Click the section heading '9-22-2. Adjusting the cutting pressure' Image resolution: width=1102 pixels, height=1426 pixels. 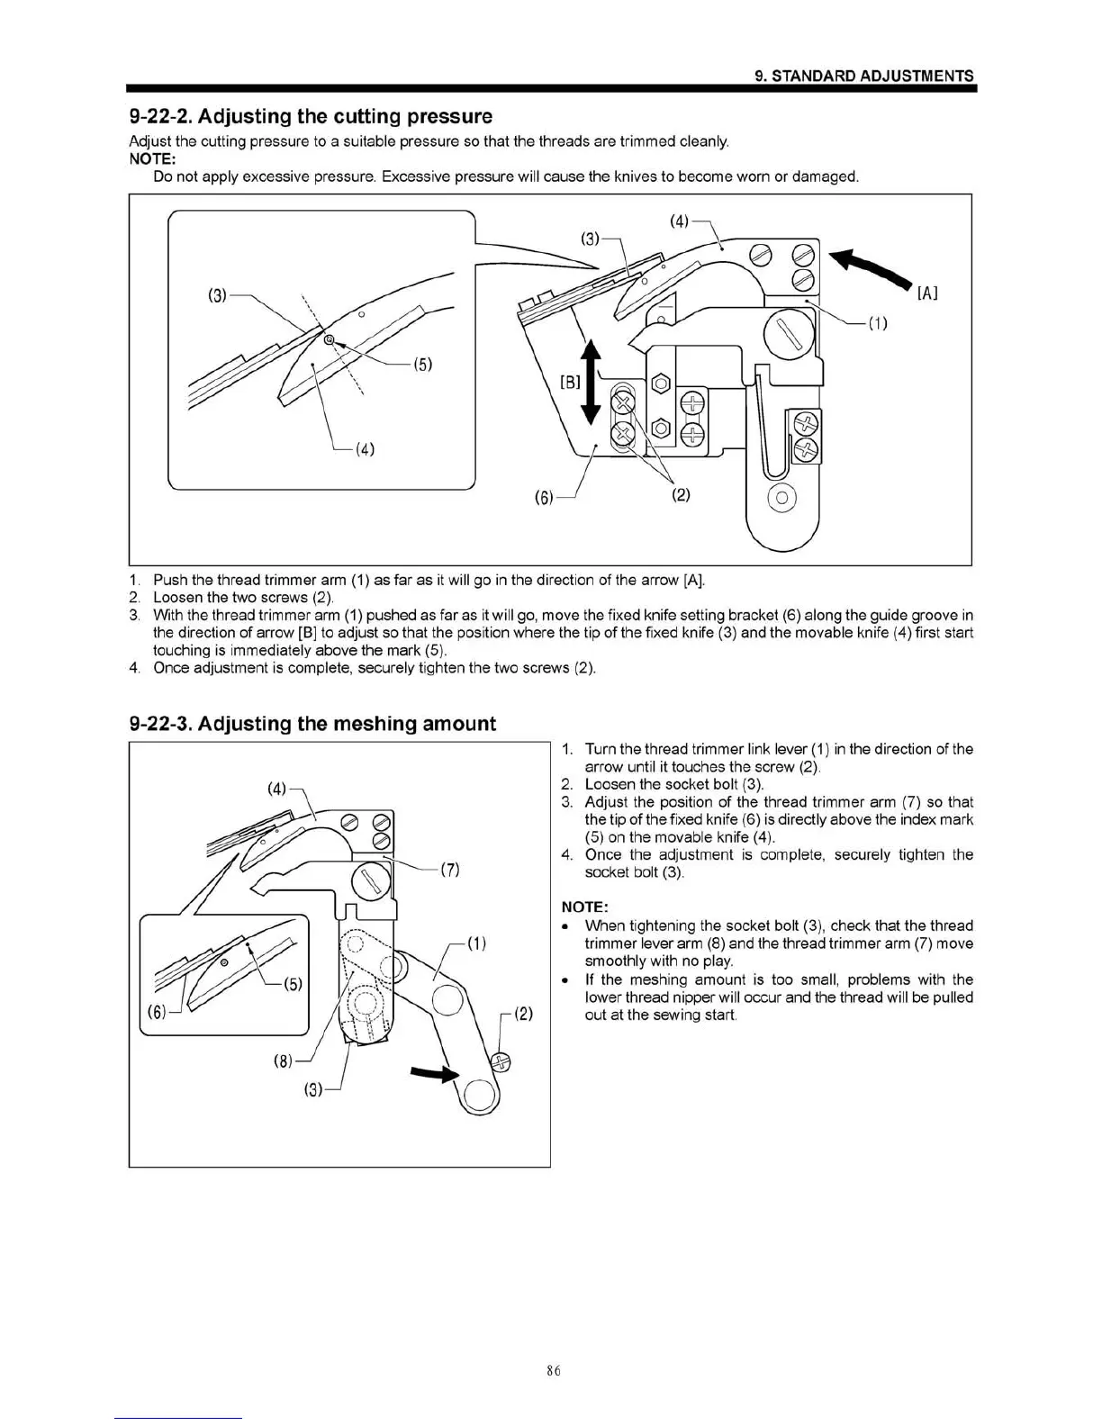point(311,116)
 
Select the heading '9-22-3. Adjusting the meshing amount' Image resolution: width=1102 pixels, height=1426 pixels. point(312,724)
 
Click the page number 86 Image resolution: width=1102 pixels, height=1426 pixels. point(553,1370)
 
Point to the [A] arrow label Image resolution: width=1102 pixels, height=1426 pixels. point(927,293)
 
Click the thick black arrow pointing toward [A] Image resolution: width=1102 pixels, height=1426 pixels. point(870,268)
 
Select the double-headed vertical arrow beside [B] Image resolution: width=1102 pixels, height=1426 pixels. point(591,381)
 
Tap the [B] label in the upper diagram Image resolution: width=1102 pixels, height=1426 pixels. point(571,382)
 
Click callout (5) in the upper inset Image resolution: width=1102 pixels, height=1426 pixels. point(422,365)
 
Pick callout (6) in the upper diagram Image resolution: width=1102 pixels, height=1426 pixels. point(544,497)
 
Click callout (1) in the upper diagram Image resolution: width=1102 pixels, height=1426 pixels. point(878,324)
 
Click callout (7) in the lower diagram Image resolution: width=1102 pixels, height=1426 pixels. point(450,870)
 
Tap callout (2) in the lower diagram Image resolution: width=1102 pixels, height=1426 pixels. point(524,1014)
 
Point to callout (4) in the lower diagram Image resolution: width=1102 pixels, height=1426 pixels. point(277,790)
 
